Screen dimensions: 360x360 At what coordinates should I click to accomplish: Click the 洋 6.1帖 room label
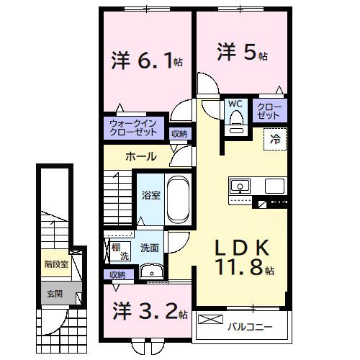147,60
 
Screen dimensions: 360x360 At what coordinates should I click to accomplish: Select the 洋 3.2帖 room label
150,312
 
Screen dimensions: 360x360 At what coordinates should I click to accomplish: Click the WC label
235,104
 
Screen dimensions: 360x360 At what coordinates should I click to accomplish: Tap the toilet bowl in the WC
235,127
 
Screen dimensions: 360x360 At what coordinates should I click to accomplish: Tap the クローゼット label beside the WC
269,111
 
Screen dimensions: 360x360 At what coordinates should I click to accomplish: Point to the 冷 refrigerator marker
276,140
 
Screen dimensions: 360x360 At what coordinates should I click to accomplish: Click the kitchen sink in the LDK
240,186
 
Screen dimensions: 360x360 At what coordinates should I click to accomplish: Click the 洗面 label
149,248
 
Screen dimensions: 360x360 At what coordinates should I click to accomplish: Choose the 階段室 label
55,264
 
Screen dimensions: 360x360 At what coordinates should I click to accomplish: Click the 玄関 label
55,293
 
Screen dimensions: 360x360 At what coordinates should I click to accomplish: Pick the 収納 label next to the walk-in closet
179,133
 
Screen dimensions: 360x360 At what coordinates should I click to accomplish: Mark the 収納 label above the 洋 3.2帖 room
117,274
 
